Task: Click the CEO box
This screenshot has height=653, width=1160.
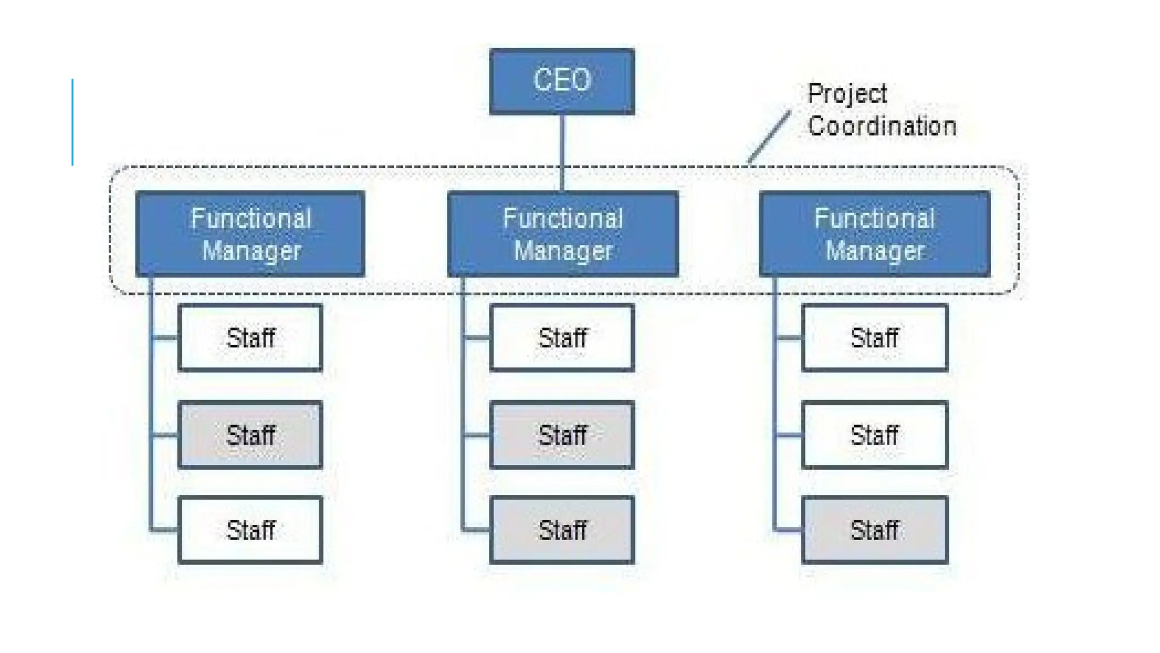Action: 561,81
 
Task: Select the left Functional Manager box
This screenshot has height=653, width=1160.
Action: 250,234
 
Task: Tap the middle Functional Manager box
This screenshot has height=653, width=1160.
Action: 562,234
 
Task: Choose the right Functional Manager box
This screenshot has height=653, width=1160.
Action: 875,234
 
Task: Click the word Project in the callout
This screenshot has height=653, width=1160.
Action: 847,94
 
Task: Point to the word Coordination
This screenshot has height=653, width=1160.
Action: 882,126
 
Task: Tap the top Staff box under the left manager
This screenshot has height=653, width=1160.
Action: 250,338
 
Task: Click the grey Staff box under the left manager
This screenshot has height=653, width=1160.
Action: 250,435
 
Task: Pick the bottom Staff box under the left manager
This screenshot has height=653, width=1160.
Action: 250,530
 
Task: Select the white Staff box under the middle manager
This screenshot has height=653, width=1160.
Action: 562,338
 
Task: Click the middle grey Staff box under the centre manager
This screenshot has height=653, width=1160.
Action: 562,435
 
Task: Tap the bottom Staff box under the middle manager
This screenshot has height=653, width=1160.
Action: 562,530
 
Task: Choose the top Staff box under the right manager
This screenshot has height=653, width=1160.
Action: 875,338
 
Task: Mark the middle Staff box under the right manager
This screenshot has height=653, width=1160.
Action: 875,435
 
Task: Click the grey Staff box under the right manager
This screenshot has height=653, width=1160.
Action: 875,530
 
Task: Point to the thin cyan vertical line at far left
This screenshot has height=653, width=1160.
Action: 72,122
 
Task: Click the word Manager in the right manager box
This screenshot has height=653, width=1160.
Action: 875,251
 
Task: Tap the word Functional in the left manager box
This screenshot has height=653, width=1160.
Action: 251,219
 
